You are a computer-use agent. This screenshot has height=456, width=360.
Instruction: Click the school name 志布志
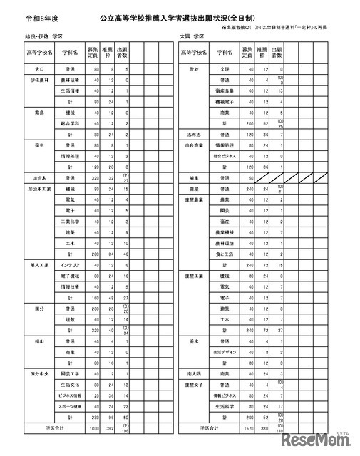coord(192,133)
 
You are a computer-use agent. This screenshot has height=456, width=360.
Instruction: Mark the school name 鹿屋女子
coord(192,383)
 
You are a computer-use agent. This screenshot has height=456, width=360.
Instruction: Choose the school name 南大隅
coord(192,373)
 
